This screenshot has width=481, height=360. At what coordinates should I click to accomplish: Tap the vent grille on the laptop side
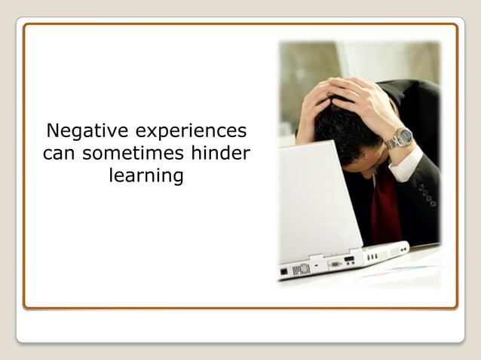[x=301, y=269]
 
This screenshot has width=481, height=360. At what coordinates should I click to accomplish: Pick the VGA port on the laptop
[x=333, y=264]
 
